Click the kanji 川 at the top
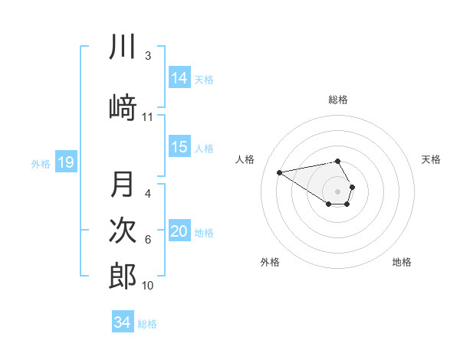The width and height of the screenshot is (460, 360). point(123,47)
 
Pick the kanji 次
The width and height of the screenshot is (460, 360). point(123,231)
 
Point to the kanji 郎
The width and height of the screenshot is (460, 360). point(123,276)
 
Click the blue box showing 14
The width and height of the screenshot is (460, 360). point(179,77)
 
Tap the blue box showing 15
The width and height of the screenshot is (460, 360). point(179,147)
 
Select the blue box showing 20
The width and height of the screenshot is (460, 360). point(179,231)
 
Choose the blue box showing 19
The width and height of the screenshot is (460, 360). point(65,162)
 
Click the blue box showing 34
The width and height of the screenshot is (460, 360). point(123,322)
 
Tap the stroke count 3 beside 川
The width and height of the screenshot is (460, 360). point(148,56)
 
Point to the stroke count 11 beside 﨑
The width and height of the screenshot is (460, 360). point(148,117)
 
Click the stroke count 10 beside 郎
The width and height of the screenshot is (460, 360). point(148,286)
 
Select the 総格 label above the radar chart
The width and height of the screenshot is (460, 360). point(338,100)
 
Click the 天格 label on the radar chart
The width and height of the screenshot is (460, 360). point(431,159)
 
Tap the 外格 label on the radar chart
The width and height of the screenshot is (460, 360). point(270,262)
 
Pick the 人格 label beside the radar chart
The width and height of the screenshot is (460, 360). point(245,159)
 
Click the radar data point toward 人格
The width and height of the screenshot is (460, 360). point(280,172)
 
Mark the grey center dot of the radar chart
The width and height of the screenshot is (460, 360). point(338,191)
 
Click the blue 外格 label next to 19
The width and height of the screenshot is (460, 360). point(41,163)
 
